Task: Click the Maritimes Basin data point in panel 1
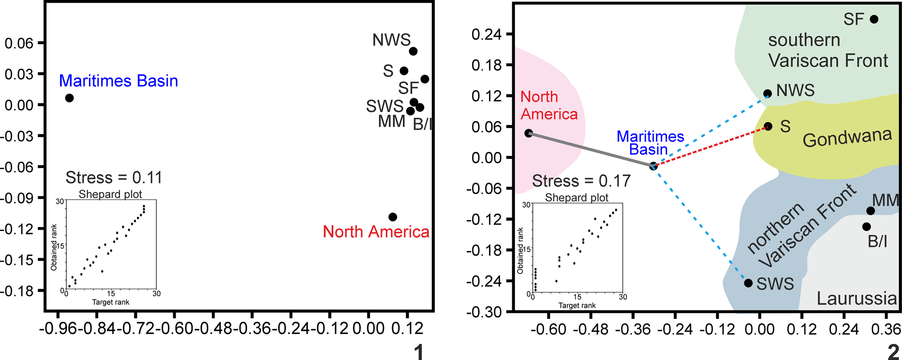pos(69,98)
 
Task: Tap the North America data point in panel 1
pos(393,217)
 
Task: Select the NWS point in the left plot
pos(413,51)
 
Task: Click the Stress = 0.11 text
pos(114,178)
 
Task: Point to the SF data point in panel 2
pos(874,19)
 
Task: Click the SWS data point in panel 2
pos(748,283)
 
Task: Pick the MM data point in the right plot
pos(870,211)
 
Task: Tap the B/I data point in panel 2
pos(866,227)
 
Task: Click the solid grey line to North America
pos(591,150)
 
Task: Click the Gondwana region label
pos(847,138)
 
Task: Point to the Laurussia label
pos(856,299)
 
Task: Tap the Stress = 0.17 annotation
pos(581,181)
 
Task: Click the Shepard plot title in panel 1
pos(110,194)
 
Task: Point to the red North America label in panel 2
pos(549,105)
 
